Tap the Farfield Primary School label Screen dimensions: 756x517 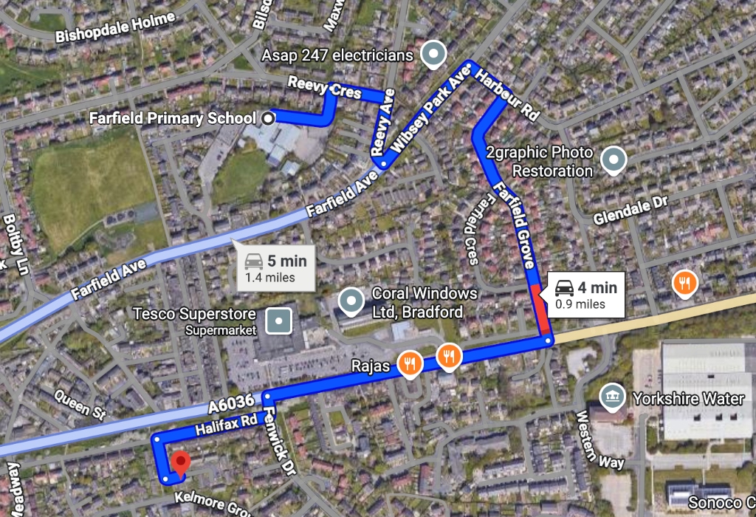[x=172, y=118]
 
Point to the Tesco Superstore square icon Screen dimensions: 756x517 [x=279, y=321]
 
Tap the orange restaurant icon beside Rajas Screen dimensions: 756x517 [x=408, y=363]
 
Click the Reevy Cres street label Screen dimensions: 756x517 [x=325, y=88]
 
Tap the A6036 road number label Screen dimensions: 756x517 [x=231, y=402]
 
